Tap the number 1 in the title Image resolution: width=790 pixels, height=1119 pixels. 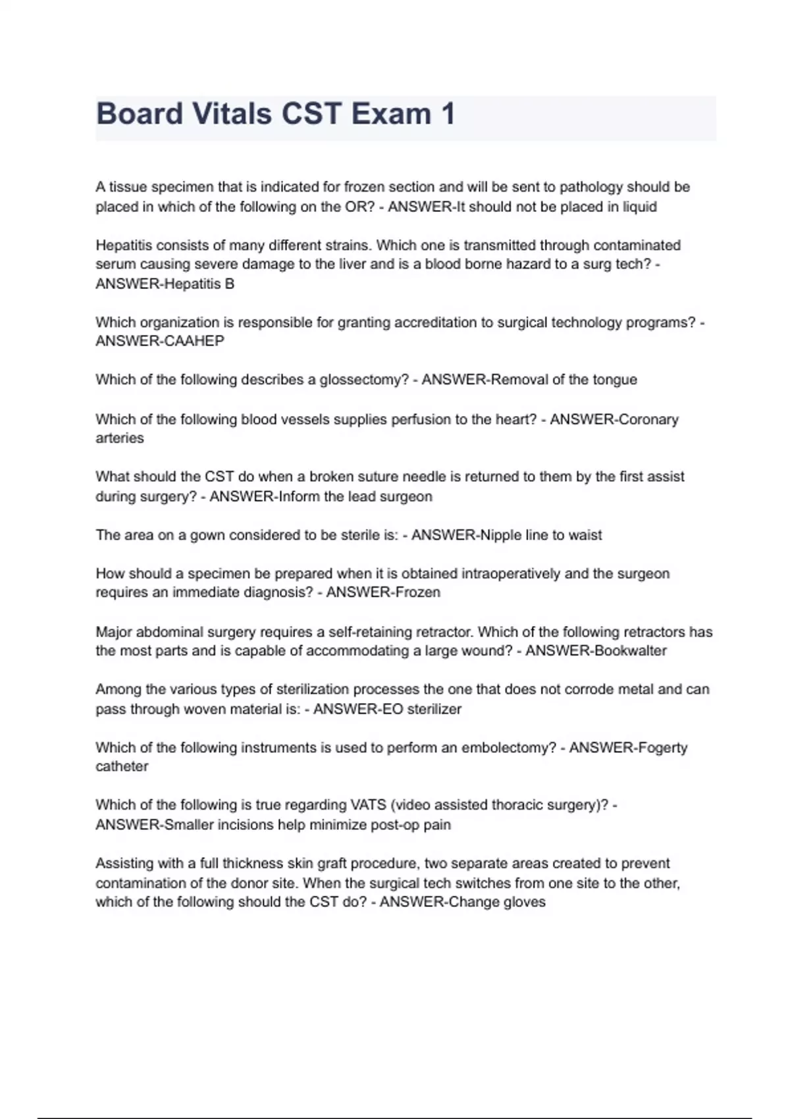coord(448,114)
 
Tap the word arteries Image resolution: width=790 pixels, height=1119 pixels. coord(119,438)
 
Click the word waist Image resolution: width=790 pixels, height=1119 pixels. coord(585,535)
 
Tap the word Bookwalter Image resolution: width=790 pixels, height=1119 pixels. coord(630,651)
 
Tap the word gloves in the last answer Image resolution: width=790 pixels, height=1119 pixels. coord(524,902)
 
